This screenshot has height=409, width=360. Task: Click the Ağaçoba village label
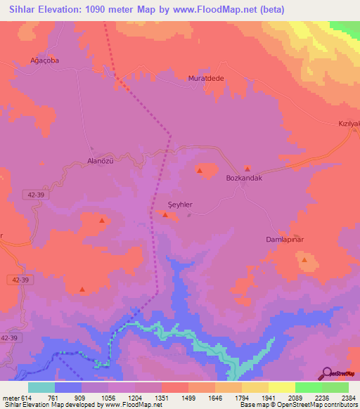coord(42,60)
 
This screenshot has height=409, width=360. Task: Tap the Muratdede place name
coord(205,78)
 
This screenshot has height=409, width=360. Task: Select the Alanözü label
coord(100,160)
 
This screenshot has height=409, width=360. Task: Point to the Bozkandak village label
coord(244,178)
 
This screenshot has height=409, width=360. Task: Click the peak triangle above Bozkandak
coord(247,169)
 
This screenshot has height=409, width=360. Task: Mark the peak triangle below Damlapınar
coord(304,259)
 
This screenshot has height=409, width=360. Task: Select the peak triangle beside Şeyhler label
coord(166,216)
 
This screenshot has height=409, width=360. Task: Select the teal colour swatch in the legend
coord(41,387)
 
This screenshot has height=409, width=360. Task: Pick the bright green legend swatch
coord(308,387)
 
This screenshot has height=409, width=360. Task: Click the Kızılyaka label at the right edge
coord(349,124)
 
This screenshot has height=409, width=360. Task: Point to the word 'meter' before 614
coord(11,397)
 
